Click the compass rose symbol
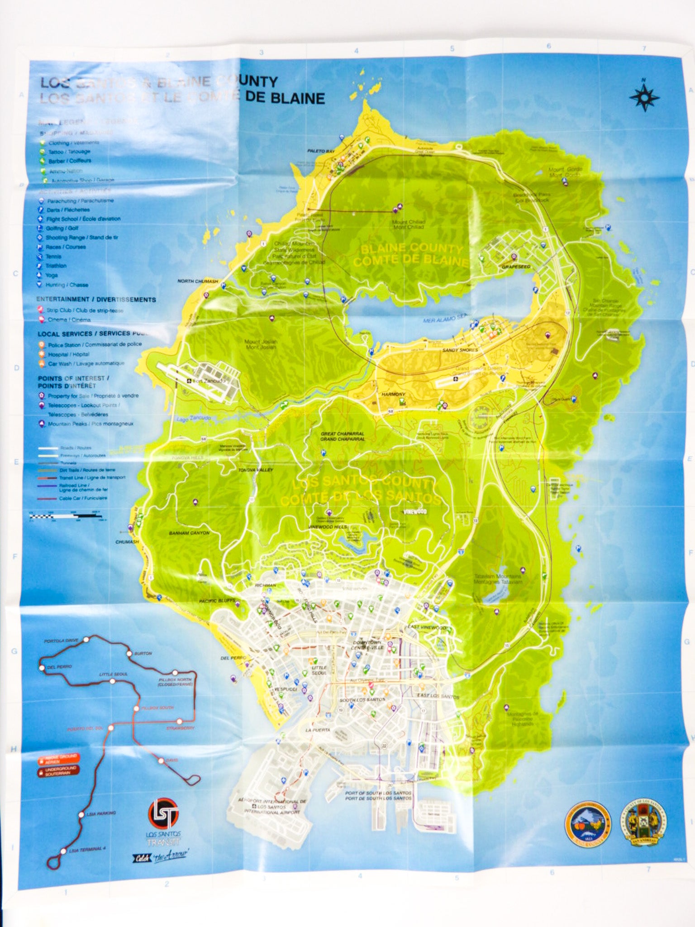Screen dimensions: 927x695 coord(644,97)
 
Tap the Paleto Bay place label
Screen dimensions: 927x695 coord(321,151)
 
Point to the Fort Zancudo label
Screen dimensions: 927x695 coord(208,381)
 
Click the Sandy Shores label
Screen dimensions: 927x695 coord(460,350)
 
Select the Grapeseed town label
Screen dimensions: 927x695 coord(515,267)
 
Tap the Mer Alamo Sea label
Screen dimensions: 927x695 coord(445,318)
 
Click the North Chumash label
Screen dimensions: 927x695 coord(197,281)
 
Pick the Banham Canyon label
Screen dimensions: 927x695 coord(189,533)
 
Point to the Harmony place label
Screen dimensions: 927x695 coord(393,394)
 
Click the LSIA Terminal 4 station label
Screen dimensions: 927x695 coord(86,850)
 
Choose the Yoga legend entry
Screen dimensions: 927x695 coord(51,275)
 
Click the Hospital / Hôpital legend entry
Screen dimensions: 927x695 coord(68,354)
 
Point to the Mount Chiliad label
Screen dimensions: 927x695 coord(408,225)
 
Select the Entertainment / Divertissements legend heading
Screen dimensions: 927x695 coord(96,300)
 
